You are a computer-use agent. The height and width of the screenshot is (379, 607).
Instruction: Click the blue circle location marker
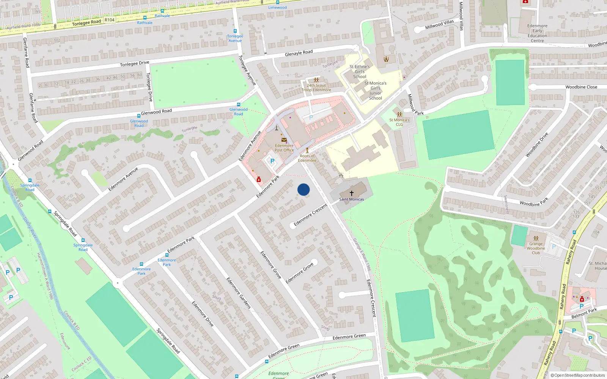303,189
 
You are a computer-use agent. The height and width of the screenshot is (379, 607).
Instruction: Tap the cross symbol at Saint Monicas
352,193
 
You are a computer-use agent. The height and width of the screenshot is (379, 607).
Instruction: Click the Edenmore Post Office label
284,148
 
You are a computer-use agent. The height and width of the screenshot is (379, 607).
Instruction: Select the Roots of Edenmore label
307,158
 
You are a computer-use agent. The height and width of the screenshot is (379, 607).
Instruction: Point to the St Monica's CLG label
399,122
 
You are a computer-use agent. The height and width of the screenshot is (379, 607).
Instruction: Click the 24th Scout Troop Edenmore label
316,88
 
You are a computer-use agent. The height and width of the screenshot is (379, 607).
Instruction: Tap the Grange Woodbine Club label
536,248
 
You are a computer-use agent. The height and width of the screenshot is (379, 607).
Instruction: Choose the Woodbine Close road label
581,87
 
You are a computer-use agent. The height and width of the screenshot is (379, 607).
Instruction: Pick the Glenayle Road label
299,53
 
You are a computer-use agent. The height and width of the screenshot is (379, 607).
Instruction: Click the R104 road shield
109,20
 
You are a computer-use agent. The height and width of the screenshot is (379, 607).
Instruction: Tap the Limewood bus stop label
278,8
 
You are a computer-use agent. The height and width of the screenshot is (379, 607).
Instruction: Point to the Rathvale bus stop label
145,23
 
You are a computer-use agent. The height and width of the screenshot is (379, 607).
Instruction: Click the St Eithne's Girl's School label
360,72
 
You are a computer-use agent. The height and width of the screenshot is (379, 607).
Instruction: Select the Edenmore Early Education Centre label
537,33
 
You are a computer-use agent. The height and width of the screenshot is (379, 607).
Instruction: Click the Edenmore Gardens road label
239,293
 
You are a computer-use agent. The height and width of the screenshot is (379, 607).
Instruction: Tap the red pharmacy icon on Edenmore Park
259,179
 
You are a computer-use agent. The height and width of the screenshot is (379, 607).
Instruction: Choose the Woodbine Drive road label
537,145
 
